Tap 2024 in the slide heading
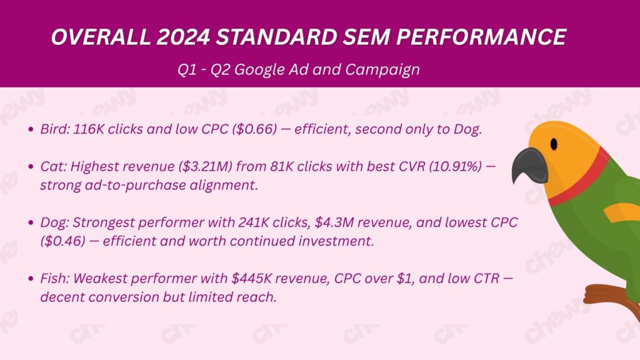(x=182, y=37)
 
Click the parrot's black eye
(x=554, y=144)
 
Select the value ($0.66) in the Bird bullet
(x=254, y=129)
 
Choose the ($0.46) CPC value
(x=63, y=241)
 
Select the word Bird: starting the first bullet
(x=55, y=129)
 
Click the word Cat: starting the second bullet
(x=53, y=166)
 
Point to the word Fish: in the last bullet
(x=54, y=278)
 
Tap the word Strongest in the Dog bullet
(x=104, y=223)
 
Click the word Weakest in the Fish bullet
(x=100, y=278)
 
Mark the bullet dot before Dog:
(x=31, y=223)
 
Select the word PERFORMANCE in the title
(x=481, y=37)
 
